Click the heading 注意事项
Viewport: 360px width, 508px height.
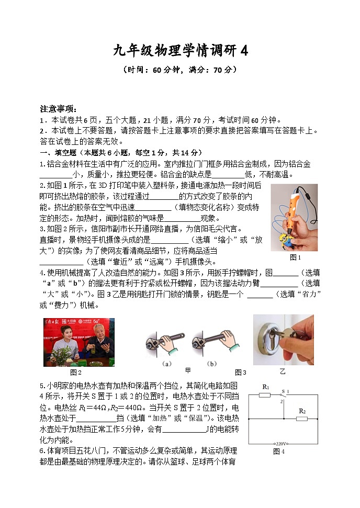(x=59, y=109)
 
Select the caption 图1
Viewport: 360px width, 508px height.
(x=296, y=257)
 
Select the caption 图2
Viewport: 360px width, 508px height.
(x=76, y=372)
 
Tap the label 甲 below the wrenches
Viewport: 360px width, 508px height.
(x=188, y=370)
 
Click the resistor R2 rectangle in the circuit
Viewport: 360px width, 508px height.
(x=302, y=419)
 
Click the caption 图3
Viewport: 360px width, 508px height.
(x=240, y=372)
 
